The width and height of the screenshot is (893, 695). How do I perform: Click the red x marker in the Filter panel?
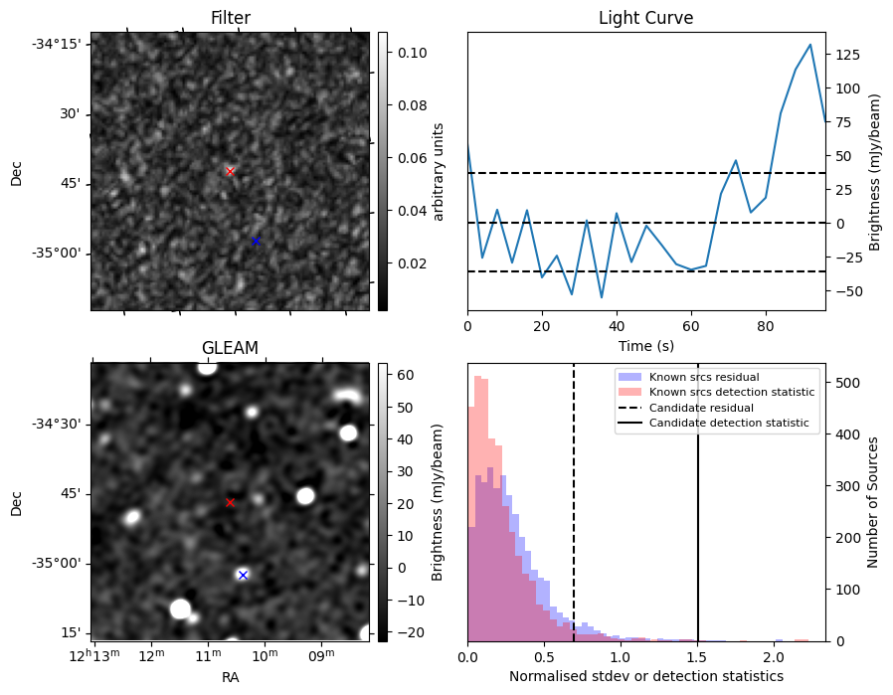(230, 171)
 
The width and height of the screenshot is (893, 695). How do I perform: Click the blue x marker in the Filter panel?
(256, 241)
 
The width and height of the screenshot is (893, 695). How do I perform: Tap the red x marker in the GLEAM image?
(230, 502)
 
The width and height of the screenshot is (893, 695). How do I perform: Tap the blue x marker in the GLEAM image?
(243, 575)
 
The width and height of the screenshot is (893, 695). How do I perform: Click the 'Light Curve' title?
(645, 18)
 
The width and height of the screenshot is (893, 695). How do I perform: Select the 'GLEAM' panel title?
(230, 348)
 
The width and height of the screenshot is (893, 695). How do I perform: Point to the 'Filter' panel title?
(230, 18)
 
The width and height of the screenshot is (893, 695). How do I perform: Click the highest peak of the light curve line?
(810, 45)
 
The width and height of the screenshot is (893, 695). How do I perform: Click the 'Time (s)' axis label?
(645, 346)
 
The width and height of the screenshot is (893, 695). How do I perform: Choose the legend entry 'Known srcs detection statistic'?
(731, 392)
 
